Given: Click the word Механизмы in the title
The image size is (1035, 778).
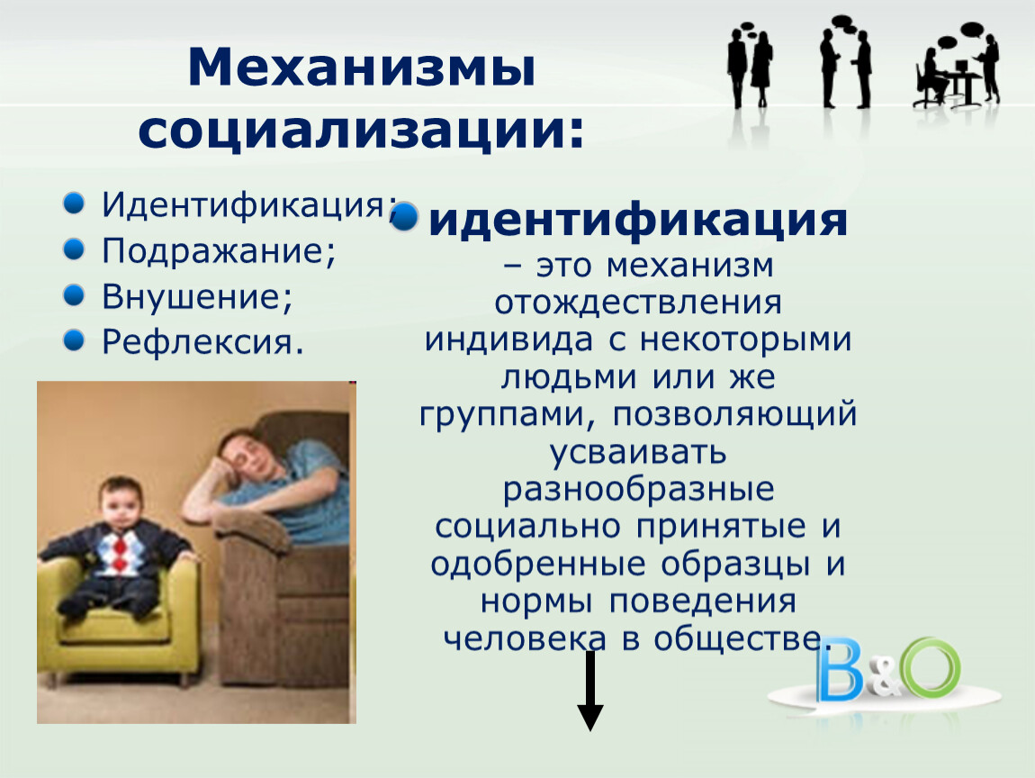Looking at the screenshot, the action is [x=361, y=68].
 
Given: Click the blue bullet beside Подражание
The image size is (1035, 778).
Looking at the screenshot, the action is [x=74, y=249].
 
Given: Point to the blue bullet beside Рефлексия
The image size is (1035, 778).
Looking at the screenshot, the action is [x=74, y=340].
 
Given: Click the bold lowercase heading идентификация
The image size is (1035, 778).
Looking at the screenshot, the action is [x=637, y=220].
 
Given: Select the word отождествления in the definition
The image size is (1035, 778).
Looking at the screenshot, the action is [x=638, y=303].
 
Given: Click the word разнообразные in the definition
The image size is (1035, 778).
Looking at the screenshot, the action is [x=638, y=489].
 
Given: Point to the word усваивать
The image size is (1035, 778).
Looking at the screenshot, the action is [x=638, y=452].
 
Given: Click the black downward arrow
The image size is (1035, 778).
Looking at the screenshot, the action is [x=590, y=690].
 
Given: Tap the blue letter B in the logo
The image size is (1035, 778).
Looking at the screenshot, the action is [x=840, y=669].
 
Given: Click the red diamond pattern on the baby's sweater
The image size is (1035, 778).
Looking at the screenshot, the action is [x=118, y=552].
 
